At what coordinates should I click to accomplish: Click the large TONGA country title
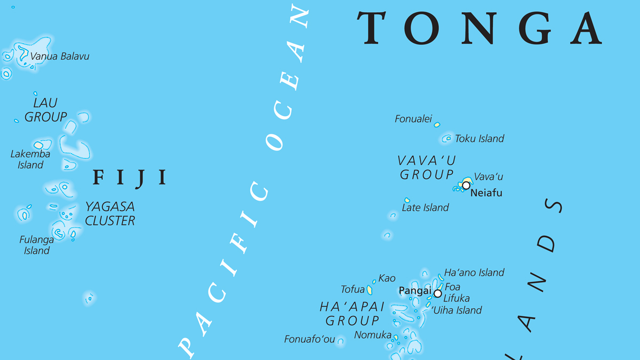click(480, 28)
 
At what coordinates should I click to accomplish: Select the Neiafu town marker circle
click(466, 186)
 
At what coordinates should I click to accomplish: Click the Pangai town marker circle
click(438, 293)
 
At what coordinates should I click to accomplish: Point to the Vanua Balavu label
click(60, 56)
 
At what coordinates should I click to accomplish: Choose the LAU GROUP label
click(46, 110)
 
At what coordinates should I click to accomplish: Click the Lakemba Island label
click(30, 159)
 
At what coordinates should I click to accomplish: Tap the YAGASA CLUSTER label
click(110, 213)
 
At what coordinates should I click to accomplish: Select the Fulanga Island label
click(37, 245)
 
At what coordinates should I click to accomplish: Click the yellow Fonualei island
click(437, 125)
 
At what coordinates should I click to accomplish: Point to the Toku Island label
click(479, 139)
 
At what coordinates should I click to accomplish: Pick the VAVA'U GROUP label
click(427, 167)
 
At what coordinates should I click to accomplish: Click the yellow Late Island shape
click(407, 201)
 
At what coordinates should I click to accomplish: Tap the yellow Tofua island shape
click(369, 290)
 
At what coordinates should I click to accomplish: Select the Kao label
click(387, 278)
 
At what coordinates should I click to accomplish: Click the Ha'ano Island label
click(474, 273)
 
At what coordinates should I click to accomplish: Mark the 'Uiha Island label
click(457, 310)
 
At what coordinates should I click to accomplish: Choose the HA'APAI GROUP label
click(353, 314)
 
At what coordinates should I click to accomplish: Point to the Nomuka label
click(373, 335)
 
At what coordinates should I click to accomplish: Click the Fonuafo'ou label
click(309, 339)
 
